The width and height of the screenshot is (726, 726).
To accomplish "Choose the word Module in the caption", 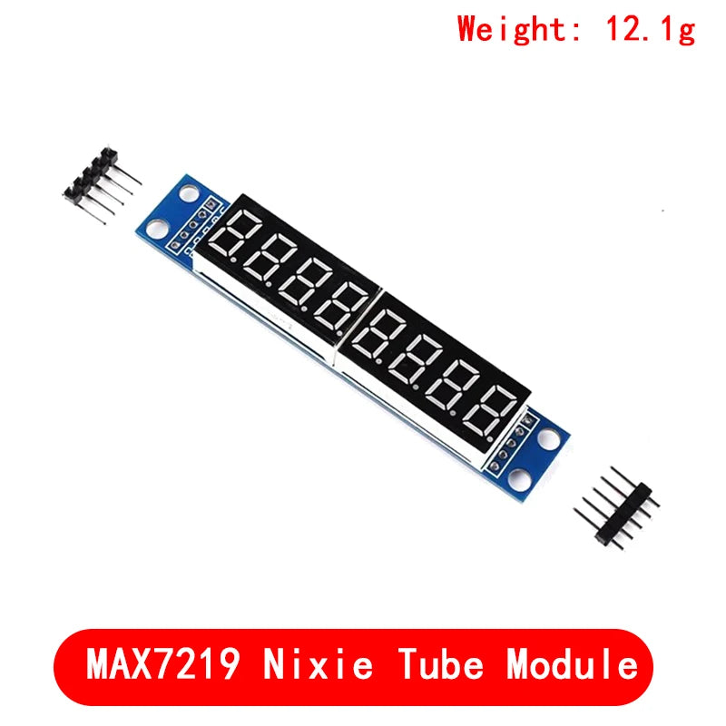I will [573, 665].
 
